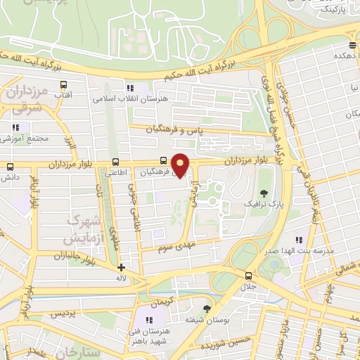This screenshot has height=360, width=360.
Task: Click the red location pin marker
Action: (181, 165)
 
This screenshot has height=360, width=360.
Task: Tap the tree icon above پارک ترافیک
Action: (264, 193)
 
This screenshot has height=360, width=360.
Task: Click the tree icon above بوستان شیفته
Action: (207, 309)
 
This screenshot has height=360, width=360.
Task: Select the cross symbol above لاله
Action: (122, 267)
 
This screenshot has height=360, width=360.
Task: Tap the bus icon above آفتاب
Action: (77, 81)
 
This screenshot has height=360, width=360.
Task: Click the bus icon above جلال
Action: (248, 276)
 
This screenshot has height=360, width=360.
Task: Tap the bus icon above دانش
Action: (10, 167)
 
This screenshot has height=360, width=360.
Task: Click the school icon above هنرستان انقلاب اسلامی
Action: (130, 88)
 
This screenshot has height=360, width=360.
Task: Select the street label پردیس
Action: (63, 313)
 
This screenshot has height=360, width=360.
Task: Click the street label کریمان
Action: (172, 301)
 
